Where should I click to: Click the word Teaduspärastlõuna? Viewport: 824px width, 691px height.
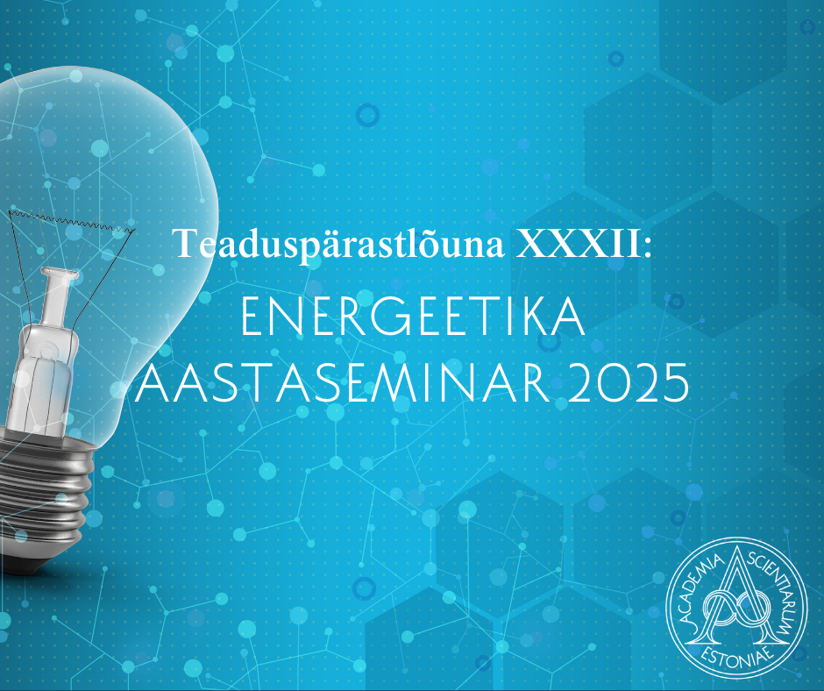pos(339,245)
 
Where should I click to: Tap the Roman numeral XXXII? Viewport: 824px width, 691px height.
pos(578,244)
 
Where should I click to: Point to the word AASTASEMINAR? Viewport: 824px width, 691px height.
pos(343,382)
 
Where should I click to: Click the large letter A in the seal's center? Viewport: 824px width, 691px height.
pos(736,595)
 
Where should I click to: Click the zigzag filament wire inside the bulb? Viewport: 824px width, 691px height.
pos(72,221)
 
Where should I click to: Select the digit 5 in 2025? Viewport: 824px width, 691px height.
pos(675,383)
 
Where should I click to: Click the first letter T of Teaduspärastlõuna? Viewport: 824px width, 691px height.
pos(186,244)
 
